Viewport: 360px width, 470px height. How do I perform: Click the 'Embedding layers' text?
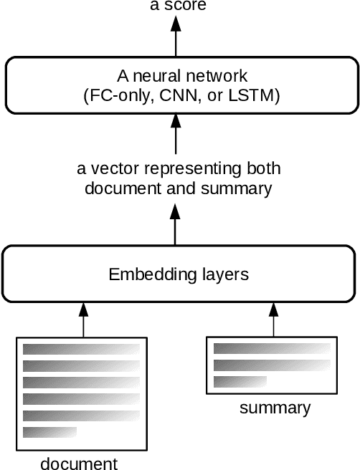[x=179, y=274]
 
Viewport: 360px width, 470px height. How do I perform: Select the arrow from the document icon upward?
[x=83, y=320]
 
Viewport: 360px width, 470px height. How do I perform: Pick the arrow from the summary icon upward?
[x=273, y=320]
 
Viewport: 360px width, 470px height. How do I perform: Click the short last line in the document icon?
[x=49, y=432]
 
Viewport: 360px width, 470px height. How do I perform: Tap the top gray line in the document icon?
[x=81, y=350]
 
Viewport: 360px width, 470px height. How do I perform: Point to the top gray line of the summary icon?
[x=271, y=349]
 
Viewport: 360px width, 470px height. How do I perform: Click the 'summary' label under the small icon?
[x=275, y=408]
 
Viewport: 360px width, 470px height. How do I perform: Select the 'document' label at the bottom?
[x=79, y=463]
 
